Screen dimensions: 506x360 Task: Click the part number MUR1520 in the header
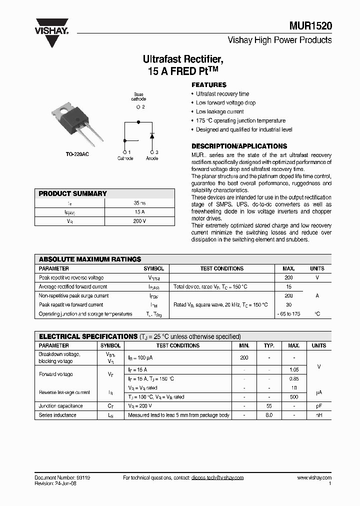[310, 26]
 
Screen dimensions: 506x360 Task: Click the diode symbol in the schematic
[152, 135]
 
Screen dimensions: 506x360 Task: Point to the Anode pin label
[152, 158]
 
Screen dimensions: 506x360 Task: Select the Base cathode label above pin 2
[139, 96]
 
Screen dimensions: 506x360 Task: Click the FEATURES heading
[209, 85]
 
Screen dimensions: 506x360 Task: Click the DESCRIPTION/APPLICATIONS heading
[239, 146]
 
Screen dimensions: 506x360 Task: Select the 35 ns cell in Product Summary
[139, 203]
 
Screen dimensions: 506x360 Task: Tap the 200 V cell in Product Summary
[139, 221]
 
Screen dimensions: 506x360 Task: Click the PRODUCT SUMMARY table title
[73, 193]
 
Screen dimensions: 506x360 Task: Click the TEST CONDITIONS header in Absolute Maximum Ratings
[221, 268]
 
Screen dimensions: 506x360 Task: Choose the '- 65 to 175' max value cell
[289, 314]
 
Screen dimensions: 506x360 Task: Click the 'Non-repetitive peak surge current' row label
[73, 295]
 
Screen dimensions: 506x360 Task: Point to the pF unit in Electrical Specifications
[318, 406]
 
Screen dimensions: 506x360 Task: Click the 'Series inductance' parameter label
[57, 415]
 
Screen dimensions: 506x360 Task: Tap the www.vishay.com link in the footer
[314, 477]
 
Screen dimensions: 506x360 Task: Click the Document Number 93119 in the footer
[62, 477]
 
